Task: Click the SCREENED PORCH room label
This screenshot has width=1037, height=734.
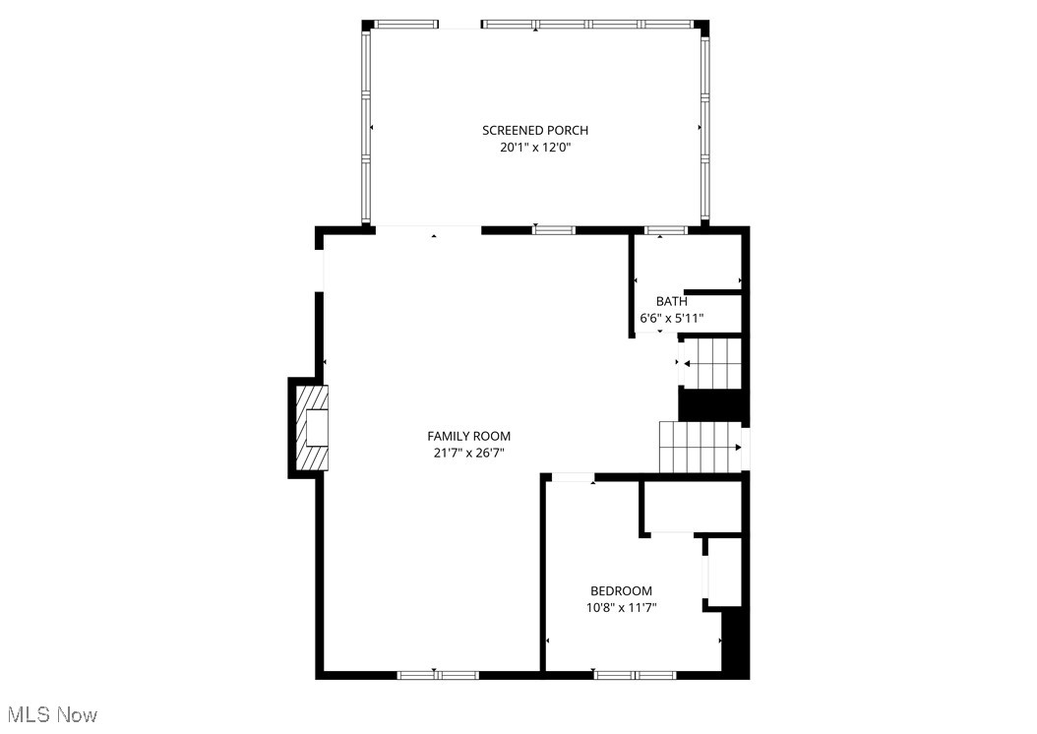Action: (x=535, y=130)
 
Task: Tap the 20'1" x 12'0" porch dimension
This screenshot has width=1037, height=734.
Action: (x=535, y=149)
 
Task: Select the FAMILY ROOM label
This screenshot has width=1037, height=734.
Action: (x=468, y=436)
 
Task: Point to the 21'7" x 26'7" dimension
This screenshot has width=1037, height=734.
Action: (x=468, y=454)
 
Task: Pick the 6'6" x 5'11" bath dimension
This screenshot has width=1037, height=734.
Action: (x=671, y=319)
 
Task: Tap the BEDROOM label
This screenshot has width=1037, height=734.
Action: (x=621, y=590)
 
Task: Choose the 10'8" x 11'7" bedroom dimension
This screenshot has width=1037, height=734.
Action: (x=621, y=608)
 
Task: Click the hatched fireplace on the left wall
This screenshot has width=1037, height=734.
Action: (x=313, y=428)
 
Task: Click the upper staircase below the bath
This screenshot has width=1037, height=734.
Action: (x=710, y=363)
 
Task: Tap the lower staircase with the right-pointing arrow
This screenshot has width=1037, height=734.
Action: (x=699, y=447)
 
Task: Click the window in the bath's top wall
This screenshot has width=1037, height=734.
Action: (x=666, y=230)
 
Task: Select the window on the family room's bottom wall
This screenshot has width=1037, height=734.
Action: (x=438, y=675)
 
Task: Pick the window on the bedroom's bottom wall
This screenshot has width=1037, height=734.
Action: (x=635, y=675)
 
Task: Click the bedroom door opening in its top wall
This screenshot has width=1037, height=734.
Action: (x=573, y=478)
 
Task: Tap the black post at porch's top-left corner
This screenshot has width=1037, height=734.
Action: (x=368, y=26)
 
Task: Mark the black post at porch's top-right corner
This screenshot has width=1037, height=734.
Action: (x=701, y=26)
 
